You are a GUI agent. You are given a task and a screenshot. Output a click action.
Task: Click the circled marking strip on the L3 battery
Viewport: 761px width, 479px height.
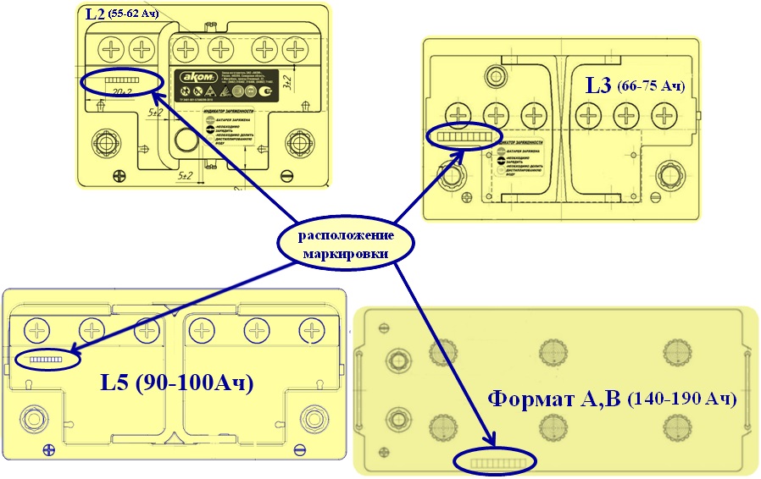[x=464, y=136]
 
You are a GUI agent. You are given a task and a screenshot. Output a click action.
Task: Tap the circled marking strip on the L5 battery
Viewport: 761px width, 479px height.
[x=47, y=359]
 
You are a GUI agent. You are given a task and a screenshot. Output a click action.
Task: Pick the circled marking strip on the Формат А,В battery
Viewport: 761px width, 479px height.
[x=496, y=462]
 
